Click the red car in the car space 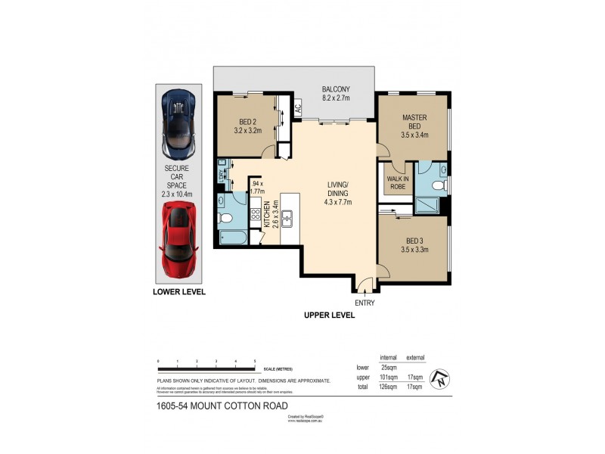(x=179, y=240)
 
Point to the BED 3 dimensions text (x=414, y=249)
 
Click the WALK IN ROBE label (x=398, y=183)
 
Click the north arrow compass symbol (x=438, y=378)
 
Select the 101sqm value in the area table (x=388, y=377)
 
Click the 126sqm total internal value (x=388, y=387)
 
